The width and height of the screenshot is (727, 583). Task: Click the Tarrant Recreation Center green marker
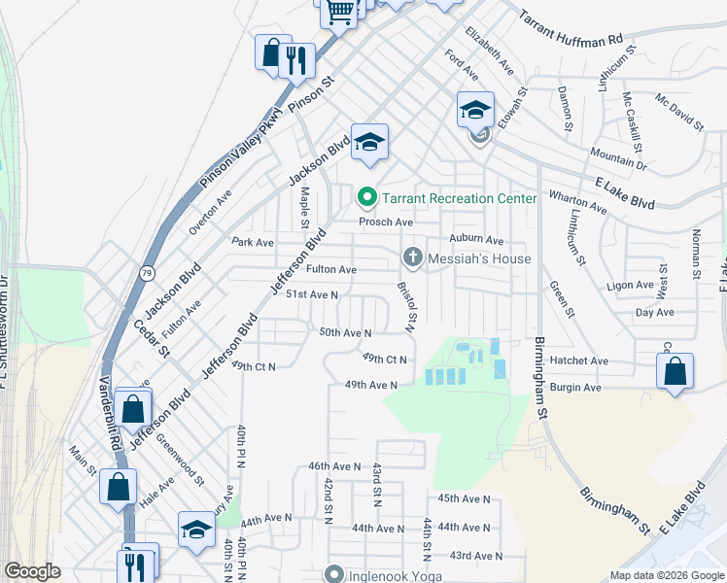pos(366,198)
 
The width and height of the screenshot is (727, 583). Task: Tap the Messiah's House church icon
pos(412,258)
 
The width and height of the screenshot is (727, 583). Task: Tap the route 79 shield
pos(147,270)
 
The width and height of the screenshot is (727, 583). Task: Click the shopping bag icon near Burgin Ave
pos(675,371)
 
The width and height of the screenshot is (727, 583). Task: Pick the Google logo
pos(33,571)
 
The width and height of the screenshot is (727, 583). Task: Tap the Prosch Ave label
pos(380,222)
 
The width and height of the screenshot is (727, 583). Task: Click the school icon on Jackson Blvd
pos(369,142)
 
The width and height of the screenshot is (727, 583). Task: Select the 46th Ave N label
pos(334,466)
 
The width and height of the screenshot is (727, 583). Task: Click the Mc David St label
pos(678,112)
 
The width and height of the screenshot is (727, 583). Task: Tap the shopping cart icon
pos(339,12)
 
